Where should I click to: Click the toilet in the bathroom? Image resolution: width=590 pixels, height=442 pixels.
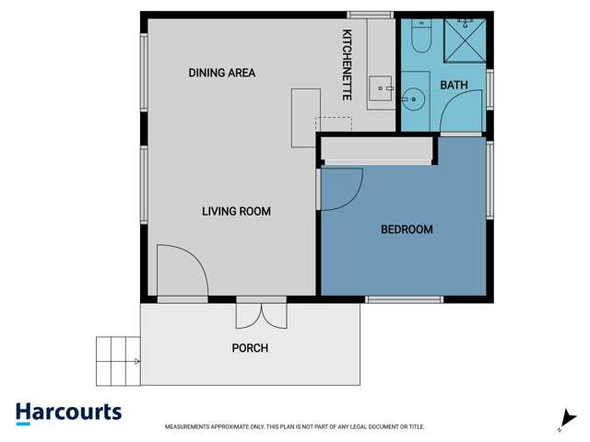tap(420, 37)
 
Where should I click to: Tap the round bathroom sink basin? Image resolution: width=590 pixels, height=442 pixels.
tap(415, 96)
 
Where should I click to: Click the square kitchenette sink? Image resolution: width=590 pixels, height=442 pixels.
tap(380, 88)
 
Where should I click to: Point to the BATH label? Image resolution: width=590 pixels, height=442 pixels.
tap(454, 86)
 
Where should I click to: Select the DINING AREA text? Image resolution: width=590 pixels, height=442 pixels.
tap(221, 73)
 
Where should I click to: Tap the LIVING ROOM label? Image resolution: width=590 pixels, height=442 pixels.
tap(236, 212)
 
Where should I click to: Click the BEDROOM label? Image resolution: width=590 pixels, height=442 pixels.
tap(407, 229)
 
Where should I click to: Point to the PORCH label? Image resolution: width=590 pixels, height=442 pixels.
tap(250, 348)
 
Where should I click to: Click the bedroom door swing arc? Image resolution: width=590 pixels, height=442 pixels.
tap(343, 189)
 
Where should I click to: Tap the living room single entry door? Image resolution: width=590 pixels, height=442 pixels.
tap(181, 271)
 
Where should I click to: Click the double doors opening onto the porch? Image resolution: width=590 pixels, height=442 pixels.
tap(261, 313)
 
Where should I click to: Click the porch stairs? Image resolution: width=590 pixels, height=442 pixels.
tap(118, 361)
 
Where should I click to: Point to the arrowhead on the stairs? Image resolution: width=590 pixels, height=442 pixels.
tap(137, 362)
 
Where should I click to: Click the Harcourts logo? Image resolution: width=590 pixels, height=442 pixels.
tap(68, 413)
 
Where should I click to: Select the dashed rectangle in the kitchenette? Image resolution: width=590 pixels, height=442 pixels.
tap(334, 123)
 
